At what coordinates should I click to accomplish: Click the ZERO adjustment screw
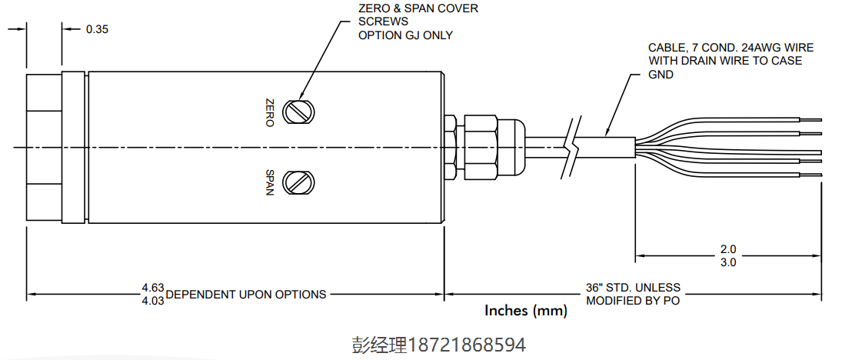click(x=298, y=112)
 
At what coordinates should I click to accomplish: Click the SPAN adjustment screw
click(x=298, y=182)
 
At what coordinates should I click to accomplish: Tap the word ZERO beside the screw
click(x=269, y=112)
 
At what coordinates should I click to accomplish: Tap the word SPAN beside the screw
click(x=269, y=182)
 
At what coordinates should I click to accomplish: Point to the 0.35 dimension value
click(x=98, y=29)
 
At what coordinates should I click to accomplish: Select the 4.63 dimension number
click(x=152, y=288)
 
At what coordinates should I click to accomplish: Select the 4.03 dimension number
click(x=152, y=300)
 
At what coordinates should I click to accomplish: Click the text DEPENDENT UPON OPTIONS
click(x=246, y=294)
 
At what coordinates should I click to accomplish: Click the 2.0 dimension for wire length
click(x=728, y=250)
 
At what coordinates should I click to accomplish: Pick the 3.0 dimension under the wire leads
click(x=728, y=262)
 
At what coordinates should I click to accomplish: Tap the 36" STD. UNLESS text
click(x=633, y=288)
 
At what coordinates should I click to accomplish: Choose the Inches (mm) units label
click(x=526, y=311)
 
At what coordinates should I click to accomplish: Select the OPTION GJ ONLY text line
click(x=406, y=35)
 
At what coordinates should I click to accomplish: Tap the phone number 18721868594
click(x=468, y=344)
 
